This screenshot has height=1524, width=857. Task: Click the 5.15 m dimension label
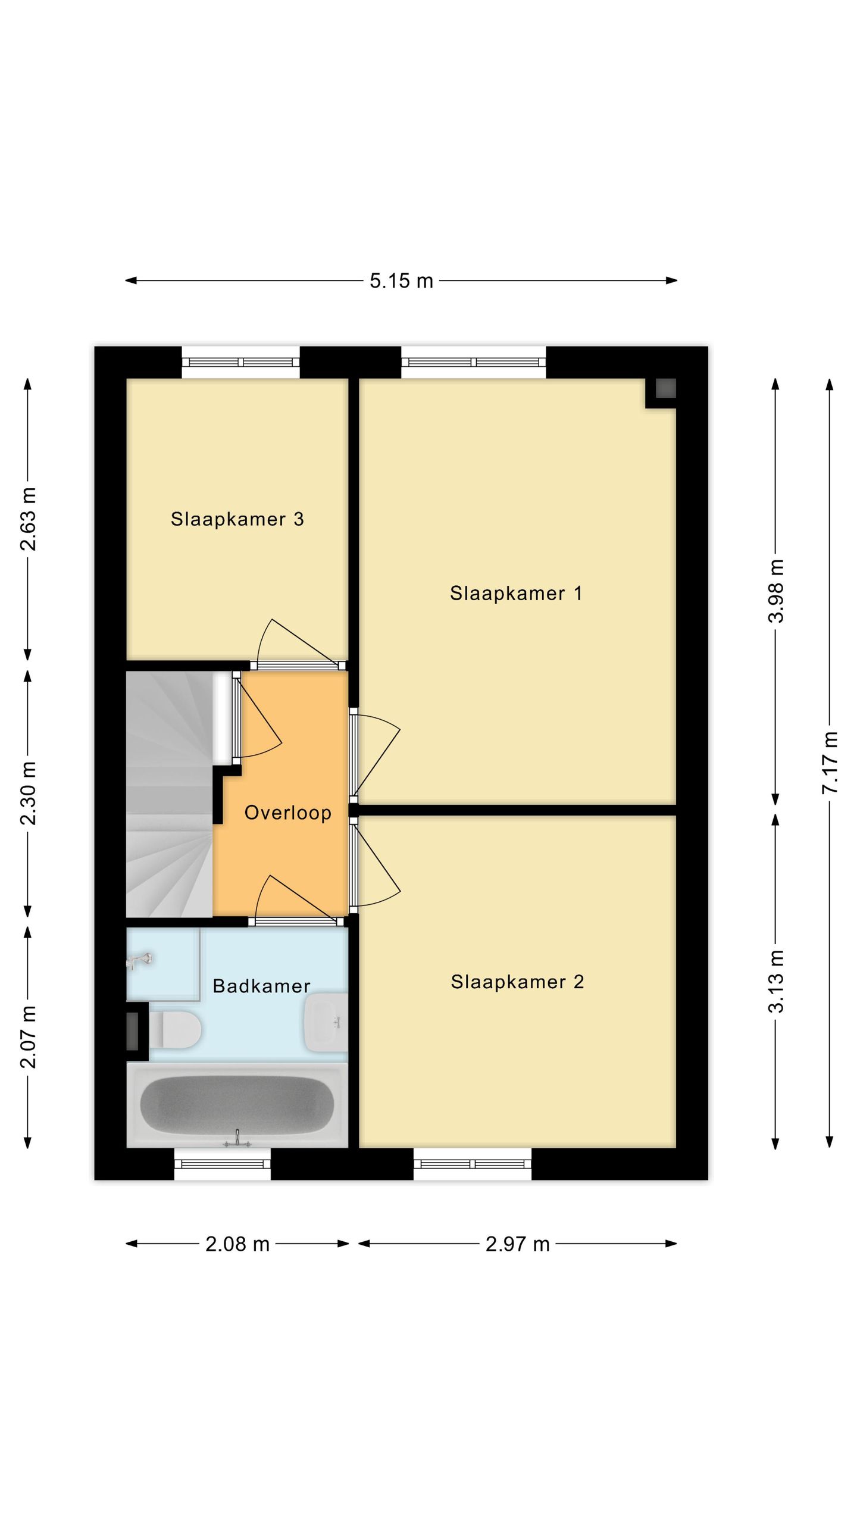coord(401,280)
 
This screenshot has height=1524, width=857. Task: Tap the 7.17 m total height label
coord(830,763)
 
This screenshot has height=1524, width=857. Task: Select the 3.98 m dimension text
coord(775,591)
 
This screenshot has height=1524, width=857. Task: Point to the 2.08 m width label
coord(237,1244)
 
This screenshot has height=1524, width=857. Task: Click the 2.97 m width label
coord(517,1244)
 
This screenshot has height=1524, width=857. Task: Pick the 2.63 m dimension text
coord(28,519)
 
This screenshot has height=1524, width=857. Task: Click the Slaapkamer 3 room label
coord(237,519)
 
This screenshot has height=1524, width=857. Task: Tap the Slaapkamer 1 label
coord(516,593)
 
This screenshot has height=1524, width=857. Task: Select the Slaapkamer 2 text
coord(517,982)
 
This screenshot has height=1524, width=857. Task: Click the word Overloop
coord(288,813)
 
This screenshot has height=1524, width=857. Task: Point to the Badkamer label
coord(261,986)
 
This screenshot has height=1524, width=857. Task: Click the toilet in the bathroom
coord(174,1029)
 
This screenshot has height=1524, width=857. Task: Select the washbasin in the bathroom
coord(326,1022)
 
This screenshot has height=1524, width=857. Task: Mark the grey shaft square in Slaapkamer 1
coord(665,389)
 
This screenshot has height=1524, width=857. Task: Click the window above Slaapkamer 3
coord(240,362)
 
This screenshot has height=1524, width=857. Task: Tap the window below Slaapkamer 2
coord(473,1163)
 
